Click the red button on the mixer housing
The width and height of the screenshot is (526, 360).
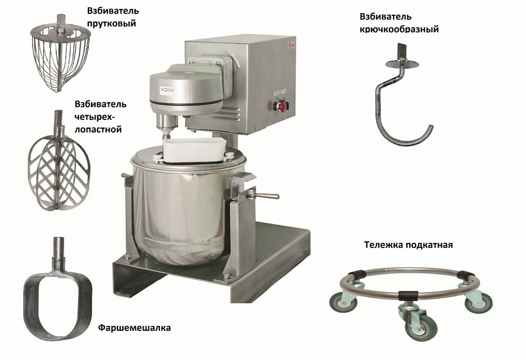point(282,106)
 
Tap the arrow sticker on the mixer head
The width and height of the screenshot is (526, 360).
point(167,90)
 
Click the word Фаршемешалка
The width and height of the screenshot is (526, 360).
point(134,327)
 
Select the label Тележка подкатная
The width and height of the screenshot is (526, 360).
point(408,245)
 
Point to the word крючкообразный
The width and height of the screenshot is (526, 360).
point(399,29)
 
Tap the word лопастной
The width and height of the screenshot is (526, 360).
point(98,129)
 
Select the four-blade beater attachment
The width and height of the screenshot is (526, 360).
point(59,161)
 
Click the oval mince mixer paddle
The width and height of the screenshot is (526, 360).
point(57,295)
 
